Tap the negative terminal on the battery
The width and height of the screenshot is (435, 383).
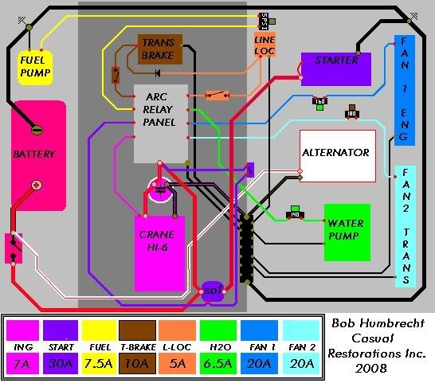point(37,129)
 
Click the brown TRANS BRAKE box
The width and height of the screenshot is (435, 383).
point(163,48)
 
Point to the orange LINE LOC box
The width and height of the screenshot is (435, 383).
point(264,45)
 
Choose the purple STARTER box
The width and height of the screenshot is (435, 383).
point(335,69)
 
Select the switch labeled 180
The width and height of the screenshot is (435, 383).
point(351,111)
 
